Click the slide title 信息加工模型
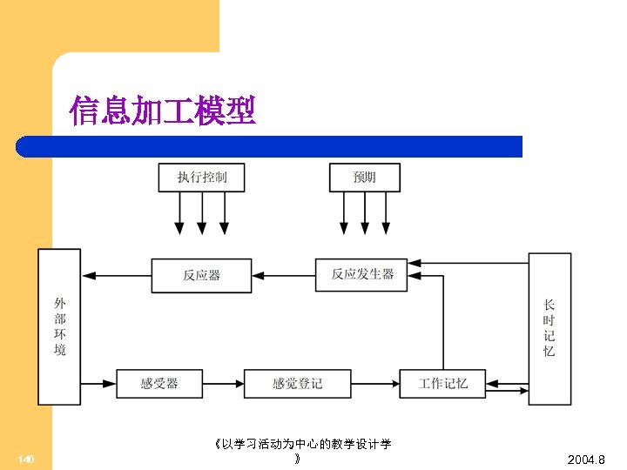coord(163,111)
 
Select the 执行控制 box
coord(201,177)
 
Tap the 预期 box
coord(364,177)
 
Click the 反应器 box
coord(201,275)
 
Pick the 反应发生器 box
coord(362,274)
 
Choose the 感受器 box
coord(159,384)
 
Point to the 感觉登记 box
coord(297,384)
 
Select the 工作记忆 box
coord(442,384)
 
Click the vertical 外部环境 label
coord(59,326)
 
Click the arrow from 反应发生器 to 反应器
coord(283,275)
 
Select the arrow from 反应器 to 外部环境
coord(122,275)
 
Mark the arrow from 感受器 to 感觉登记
coord(223,384)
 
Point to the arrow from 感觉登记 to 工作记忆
coord(374,384)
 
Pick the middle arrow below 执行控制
coord(202,213)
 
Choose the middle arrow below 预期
coord(365,213)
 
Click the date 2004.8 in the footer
coord(585,460)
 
